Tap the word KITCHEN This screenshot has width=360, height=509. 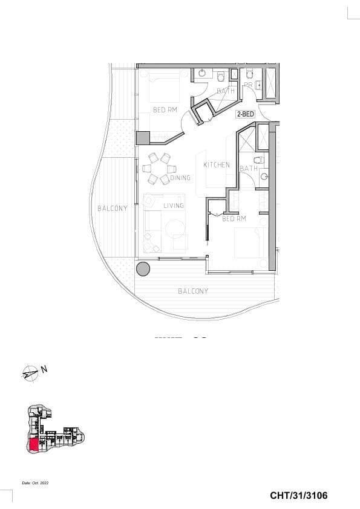coord(216,165)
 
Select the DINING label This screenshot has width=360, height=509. coord(180,178)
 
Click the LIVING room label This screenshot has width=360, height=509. coord(173,206)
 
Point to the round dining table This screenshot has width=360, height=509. coord(160,169)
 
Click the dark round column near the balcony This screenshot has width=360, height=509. coord(143,269)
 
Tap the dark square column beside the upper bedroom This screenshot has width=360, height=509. coord(143,138)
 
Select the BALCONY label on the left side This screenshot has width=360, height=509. coord(113,209)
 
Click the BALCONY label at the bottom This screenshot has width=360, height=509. coord(193,291)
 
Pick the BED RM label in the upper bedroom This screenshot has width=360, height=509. coord(165,110)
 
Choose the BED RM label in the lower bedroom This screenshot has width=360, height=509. coord(234,218)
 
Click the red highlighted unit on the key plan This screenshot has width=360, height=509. coord(34,446)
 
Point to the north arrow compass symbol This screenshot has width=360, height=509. coord(29,374)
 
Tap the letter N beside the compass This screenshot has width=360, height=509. coord(44,368)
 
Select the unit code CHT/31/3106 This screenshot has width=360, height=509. coord(299,496)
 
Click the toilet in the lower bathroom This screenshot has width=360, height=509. coord(258,161)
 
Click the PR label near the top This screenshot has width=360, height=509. coord(248,85)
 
